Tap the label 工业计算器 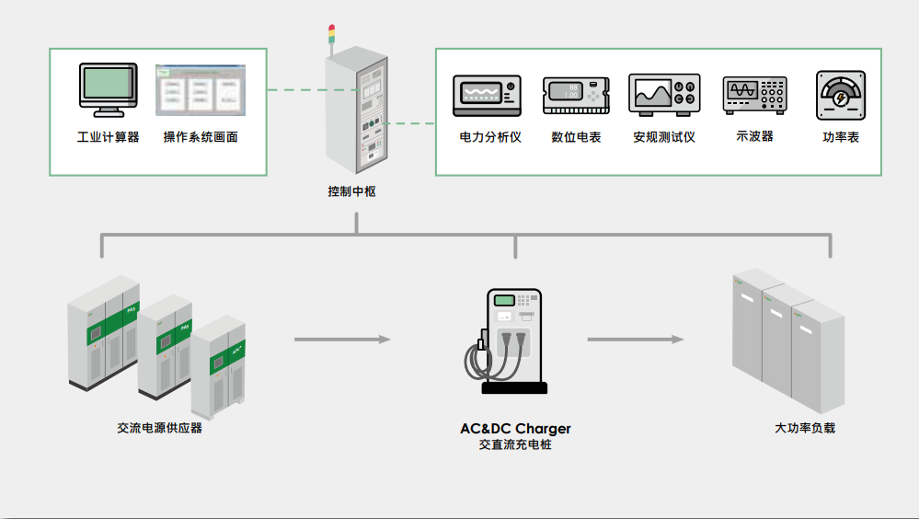coord(108,137)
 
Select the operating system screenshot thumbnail coord(201,89)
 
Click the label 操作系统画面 coord(201,137)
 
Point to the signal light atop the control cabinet coord(332,36)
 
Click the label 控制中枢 coord(351,192)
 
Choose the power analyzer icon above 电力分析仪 coord(487,95)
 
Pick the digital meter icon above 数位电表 coord(576,95)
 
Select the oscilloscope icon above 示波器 coord(754,95)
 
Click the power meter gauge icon coord(840,95)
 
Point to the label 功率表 coord(840,137)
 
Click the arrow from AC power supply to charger coord(342,340)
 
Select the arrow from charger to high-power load coord(636,340)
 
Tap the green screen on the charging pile coord(503,300)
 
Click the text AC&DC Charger coord(515,429)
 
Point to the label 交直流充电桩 coord(515,444)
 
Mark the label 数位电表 coord(576,137)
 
